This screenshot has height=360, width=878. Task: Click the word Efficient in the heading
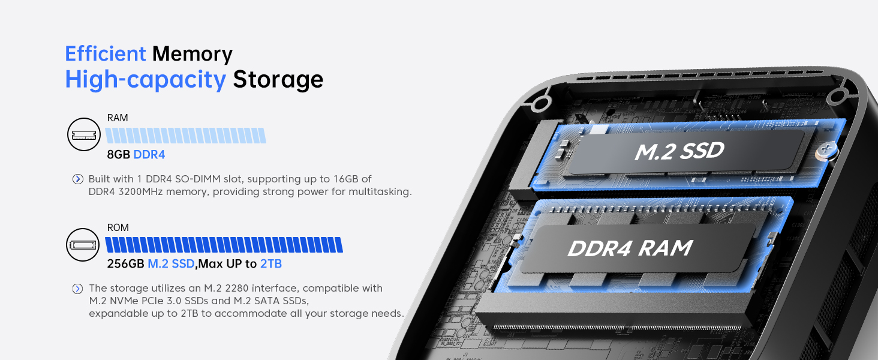click(105, 54)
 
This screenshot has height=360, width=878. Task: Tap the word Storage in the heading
click(278, 79)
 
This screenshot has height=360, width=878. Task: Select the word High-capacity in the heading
click(145, 79)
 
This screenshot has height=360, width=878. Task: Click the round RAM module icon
click(84, 135)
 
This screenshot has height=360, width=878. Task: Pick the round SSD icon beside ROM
click(83, 244)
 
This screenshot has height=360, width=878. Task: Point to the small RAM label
click(118, 118)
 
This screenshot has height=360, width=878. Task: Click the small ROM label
click(118, 228)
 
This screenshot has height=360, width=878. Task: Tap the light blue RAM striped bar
click(186, 135)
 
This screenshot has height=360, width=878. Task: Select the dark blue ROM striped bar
click(224, 245)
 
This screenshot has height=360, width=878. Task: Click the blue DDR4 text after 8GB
click(149, 155)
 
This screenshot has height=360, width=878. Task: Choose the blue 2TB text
click(271, 264)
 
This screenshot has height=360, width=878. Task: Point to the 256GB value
click(125, 264)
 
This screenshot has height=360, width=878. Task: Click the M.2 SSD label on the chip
click(679, 151)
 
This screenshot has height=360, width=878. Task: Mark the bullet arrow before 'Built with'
click(77, 179)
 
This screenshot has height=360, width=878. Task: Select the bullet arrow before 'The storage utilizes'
click(77, 289)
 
